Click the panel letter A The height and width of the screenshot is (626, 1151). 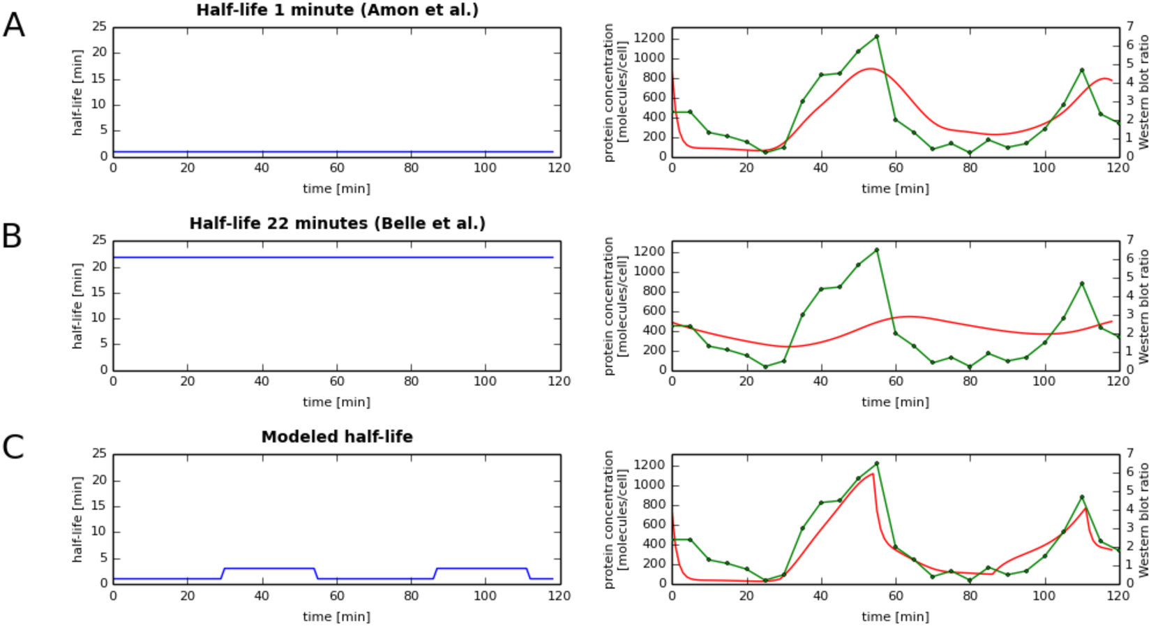pyautogui.click(x=14, y=25)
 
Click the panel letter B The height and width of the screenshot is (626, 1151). pyautogui.click(x=12, y=237)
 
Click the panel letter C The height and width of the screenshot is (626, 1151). pyautogui.click(x=13, y=447)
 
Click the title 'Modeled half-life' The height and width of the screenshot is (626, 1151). pyautogui.click(x=337, y=437)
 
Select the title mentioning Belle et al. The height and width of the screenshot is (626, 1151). pyautogui.click(x=337, y=223)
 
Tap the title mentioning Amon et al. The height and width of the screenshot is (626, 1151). pyautogui.click(x=337, y=10)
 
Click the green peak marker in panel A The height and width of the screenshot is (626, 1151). pyautogui.click(x=877, y=36)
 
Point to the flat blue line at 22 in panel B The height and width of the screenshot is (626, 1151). pyautogui.click(x=335, y=258)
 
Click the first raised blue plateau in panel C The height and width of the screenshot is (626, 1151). pyautogui.click(x=269, y=568)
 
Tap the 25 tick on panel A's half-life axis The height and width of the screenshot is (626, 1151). pyautogui.click(x=100, y=27)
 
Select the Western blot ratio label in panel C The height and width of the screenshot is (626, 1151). pyautogui.click(x=1143, y=520)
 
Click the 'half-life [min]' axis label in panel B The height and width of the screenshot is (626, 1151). pyautogui.click(x=77, y=306)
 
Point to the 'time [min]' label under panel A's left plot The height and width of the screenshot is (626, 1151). pyautogui.click(x=336, y=188)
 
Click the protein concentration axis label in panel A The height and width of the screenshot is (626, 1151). pyautogui.click(x=615, y=92)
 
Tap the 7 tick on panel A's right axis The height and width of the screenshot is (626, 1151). pyautogui.click(x=1129, y=27)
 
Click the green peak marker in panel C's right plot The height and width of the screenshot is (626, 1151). pyautogui.click(x=877, y=463)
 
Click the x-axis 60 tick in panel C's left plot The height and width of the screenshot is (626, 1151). pyautogui.click(x=337, y=595)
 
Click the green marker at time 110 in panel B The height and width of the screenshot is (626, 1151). pyautogui.click(x=1082, y=284)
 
